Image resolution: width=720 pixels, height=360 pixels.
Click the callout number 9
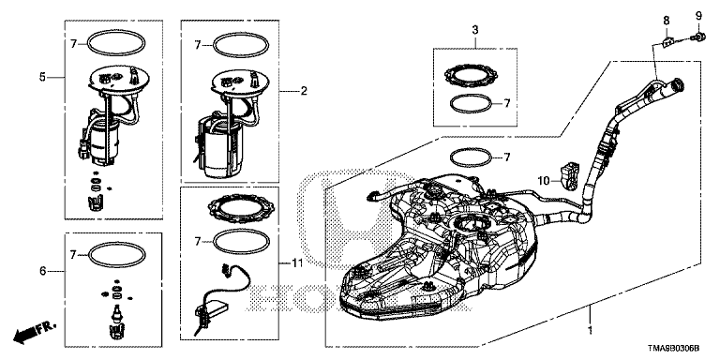coord(698,16)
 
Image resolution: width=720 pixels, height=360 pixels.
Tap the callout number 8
coord(667,21)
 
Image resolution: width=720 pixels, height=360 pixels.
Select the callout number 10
coord(544,181)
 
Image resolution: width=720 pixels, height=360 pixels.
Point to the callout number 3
coord(475,30)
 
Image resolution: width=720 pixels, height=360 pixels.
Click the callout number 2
coord(304,91)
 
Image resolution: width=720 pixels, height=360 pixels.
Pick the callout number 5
coord(43,77)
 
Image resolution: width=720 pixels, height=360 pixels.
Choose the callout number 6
coord(43,271)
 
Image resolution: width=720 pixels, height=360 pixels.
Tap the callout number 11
coord(297,263)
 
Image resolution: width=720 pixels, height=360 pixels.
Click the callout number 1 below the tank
coord(591,330)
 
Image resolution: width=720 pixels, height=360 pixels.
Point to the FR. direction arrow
coord(35,333)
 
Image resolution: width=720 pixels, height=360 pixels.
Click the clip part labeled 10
coord(567,175)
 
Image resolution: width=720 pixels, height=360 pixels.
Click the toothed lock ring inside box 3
coord(472,76)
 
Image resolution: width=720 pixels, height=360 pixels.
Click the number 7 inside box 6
coord(72,254)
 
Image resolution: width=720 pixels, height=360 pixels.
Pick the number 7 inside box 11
coord(198,241)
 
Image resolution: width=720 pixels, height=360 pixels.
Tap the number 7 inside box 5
coord(73,44)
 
